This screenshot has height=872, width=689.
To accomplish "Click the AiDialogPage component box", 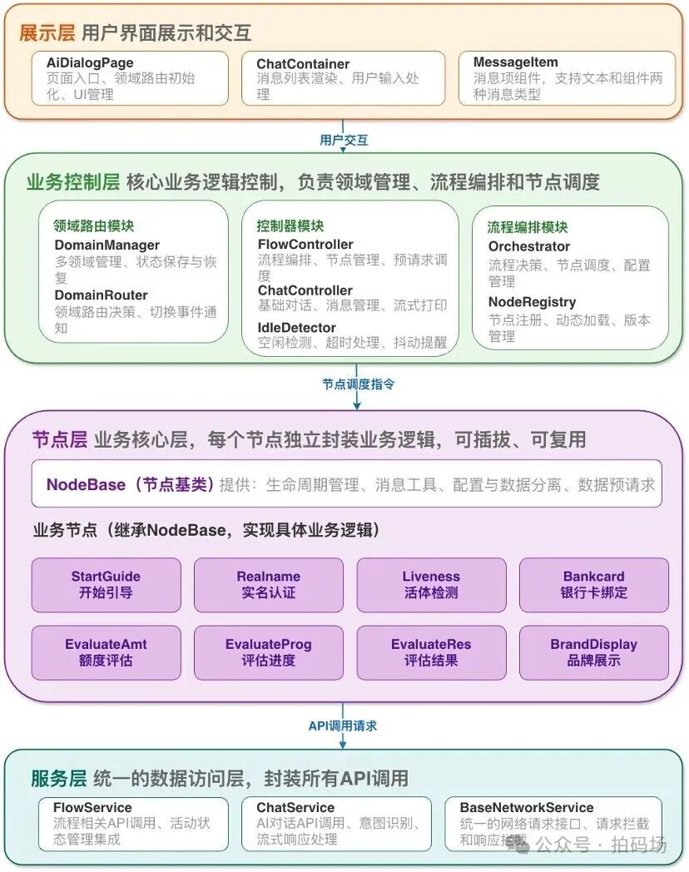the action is [x=130, y=78].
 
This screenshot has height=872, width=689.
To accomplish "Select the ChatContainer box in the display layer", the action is [x=342, y=78].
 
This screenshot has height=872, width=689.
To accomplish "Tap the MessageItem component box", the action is [x=567, y=78].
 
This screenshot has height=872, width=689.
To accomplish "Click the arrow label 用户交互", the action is [x=344, y=140].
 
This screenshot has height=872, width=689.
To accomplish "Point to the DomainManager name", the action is [x=107, y=245].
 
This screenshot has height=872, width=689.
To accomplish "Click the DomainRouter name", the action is [x=101, y=295].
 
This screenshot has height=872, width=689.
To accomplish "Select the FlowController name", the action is [x=305, y=244].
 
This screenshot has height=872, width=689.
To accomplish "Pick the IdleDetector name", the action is [x=296, y=327].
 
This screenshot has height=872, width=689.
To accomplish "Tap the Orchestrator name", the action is [x=528, y=246].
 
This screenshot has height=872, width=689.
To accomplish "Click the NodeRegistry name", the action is [x=532, y=302].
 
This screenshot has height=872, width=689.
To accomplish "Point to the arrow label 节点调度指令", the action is [x=358, y=384].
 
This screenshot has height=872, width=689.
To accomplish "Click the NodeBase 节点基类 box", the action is [x=346, y=483].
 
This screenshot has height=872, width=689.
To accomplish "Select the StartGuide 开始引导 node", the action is [x=106, y=584].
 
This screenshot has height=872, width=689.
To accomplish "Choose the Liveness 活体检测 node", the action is [x=431, y=584].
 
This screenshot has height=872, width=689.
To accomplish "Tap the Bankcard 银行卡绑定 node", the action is [x=593, y=584].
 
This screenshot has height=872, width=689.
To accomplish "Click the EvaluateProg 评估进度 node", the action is [x=268, y=652].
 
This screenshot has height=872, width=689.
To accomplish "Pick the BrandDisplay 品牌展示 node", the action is [x=593, y=652].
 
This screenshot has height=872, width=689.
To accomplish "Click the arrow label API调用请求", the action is [x=343, y=726].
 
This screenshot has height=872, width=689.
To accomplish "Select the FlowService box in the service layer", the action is [x=133, y=824].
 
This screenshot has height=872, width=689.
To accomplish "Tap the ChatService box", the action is [x=337, y=824].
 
